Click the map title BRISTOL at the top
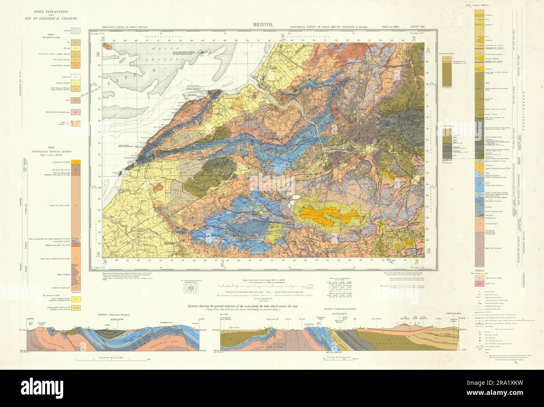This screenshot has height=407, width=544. (x=263, y=24)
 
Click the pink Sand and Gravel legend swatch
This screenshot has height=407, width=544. (x=76, y=112)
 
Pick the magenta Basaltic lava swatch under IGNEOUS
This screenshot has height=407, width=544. (x=479, y=283)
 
